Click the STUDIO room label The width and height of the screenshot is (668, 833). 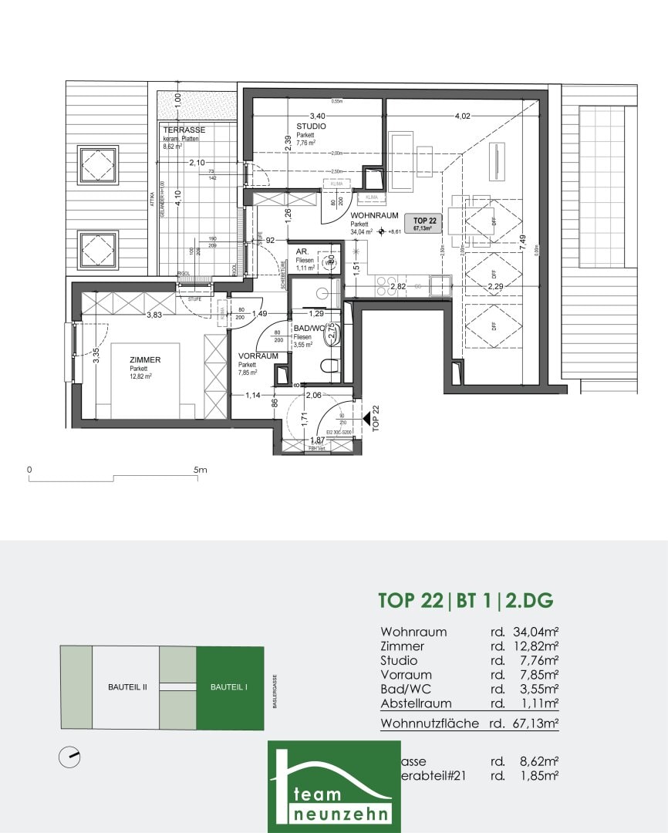coord(311,126)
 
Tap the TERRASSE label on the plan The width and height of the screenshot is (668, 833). coord(184,130)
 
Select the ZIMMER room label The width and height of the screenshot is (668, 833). coord(145,360)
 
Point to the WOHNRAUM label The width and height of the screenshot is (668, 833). coord(374,216)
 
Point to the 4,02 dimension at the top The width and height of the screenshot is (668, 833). coord(462,116)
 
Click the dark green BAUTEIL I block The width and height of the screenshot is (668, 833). coord(230,688)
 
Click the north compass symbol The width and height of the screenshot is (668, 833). coord(70,757)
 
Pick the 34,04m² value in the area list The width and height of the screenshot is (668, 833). coord(531,632)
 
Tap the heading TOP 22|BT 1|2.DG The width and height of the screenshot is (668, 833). coord(466,600)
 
